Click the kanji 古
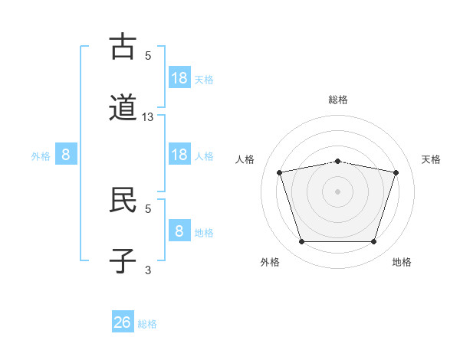click(x=123, y=46)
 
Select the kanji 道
click(x=123, y=107)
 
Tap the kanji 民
click(x=123, y=199)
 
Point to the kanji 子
click(x=123, y=260)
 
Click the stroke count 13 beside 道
click(x=147, y=117)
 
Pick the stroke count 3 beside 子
click(x=148, y=270)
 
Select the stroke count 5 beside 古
click(x=148, y=55)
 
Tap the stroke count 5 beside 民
click(x=148, y=209)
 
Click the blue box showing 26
click(x=123, y=321)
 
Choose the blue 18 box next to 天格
click(x=180, y=77)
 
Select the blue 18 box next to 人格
click(x=180, y=154)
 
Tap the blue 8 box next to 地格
click(x=180, y=230)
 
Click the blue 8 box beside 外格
click(x=66, y=154)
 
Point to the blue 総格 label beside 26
click(x=147, y=324)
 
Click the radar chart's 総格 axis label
click(x=338, y=100)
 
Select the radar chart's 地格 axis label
click(x=402, y=262)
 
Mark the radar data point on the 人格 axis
click(x=280, y=172)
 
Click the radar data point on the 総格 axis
click(x=338, y=162)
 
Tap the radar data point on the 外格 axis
click(x=302, y=241)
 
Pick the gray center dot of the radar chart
click(x=337, y=191)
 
